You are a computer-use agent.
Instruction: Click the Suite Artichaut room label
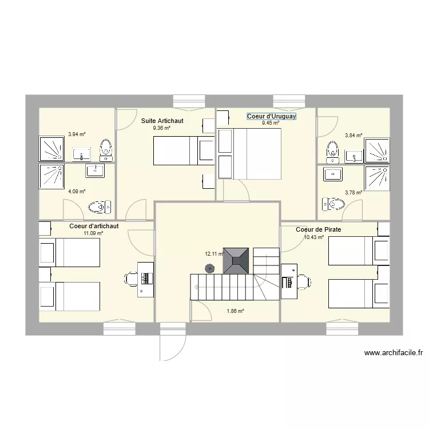162,121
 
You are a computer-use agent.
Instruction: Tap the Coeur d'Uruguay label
271,116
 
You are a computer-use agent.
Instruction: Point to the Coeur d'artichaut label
94,226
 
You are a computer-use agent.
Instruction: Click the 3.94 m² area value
77,134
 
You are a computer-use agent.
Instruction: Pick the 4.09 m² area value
77,192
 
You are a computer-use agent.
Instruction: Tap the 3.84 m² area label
353,136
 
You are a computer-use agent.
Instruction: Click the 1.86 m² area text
235,311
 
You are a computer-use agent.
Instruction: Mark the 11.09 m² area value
93,233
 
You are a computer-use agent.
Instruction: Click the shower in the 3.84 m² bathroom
377,149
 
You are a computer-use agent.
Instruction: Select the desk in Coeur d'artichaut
146,279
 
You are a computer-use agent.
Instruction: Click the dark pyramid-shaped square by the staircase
236,261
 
